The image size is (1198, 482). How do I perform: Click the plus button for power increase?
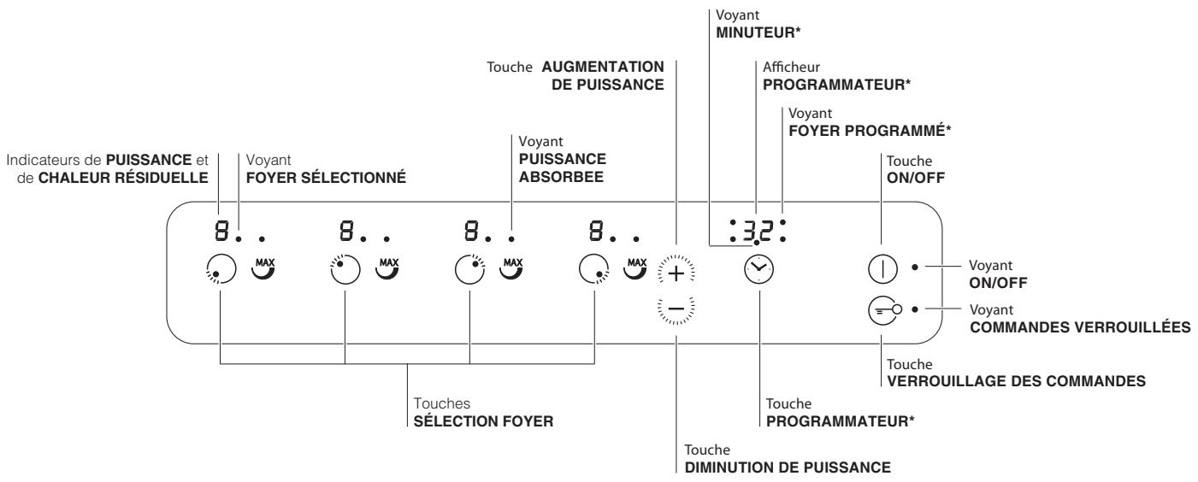coord(676,273)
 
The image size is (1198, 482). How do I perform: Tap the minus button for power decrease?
coord(676,309)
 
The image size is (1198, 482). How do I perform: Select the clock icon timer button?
coord(759,269)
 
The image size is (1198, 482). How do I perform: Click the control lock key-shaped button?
coord(884,310)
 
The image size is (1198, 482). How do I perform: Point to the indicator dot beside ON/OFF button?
coord(915,266)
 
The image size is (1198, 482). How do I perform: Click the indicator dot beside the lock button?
coord(915,309)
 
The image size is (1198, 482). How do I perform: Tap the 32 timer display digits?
coord(758,231)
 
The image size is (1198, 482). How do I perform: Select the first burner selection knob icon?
coord(221,269)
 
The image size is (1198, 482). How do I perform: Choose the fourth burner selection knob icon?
coord(593,269)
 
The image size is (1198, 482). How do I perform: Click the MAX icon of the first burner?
coord(263,268)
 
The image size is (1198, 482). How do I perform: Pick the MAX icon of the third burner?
coord(512,268)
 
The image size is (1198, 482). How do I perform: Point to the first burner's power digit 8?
coord(221,231)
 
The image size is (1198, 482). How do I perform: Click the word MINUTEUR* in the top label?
coord(758,32)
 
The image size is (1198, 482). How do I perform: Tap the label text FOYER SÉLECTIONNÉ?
coord(326,178)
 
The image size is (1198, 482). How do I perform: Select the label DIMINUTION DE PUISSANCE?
coord(788,467)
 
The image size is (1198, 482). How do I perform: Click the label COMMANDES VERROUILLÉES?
coord(1080,327)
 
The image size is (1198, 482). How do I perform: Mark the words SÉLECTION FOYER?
coord(483,421)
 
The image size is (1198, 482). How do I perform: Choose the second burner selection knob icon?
coord(345,269)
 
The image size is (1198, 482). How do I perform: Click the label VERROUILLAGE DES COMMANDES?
coord(1016,381)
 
